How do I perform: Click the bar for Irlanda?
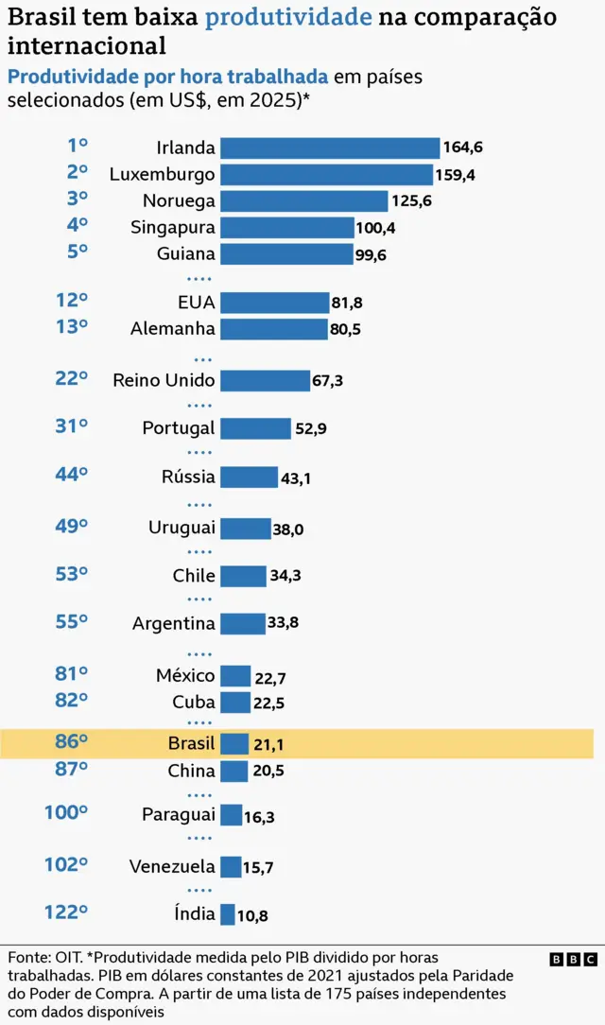(330, 148)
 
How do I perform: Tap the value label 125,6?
(411, 201)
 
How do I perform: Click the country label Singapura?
(173, 228)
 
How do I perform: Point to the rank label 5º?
(77, 251)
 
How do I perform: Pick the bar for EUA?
(274, 303)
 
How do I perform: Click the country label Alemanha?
(173, 329)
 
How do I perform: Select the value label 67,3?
(328, 381)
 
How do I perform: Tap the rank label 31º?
(71, 426)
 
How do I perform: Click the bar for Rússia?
(249, 478)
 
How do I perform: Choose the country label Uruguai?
(181, 528)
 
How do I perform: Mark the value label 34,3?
(286, 576)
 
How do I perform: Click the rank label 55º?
(71, 621)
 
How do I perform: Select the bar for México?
(235, 676)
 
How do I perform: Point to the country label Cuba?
(194, 702)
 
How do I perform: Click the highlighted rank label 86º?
(71, 742)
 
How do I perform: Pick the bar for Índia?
(227, 914)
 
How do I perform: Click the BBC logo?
(573, 959)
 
